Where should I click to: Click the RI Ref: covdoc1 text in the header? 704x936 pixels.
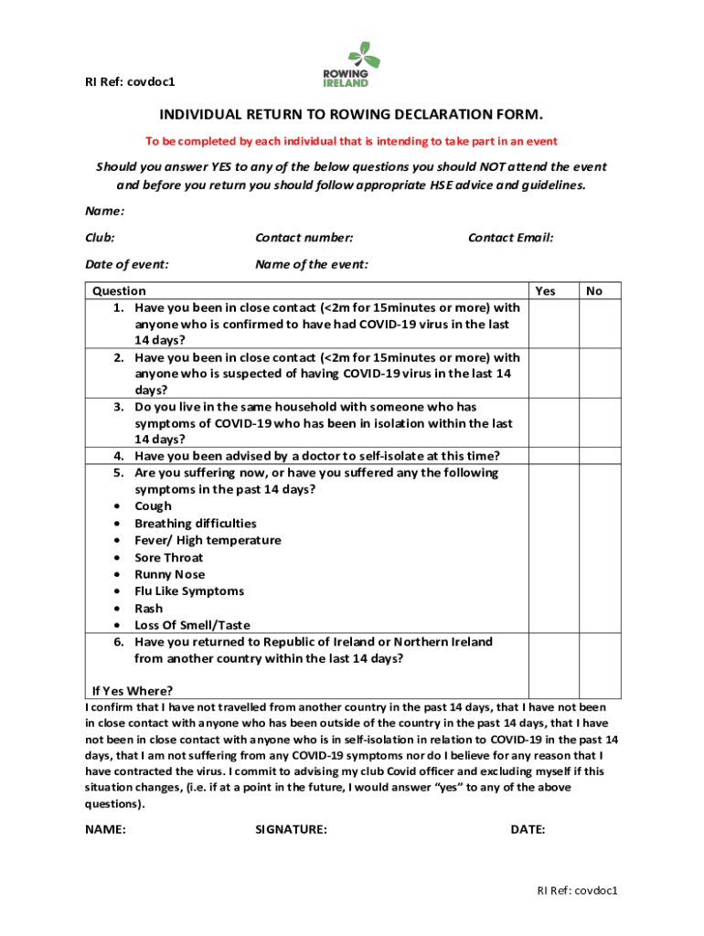124,82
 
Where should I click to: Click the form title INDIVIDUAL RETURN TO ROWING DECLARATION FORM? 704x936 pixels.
351,115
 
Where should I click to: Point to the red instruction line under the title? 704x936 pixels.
351,142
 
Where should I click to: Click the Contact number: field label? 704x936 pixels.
304,238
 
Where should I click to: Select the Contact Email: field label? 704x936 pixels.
511,238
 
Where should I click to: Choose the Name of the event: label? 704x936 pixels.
312,264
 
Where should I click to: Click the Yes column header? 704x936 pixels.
545,292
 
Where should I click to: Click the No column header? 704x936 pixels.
594,292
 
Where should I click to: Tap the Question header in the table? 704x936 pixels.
120,292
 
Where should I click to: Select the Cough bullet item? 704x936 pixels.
153,506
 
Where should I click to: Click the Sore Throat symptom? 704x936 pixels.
169,558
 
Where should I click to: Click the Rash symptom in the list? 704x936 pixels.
149,609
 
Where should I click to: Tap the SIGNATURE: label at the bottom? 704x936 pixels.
292,830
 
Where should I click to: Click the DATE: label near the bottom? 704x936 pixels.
528,830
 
